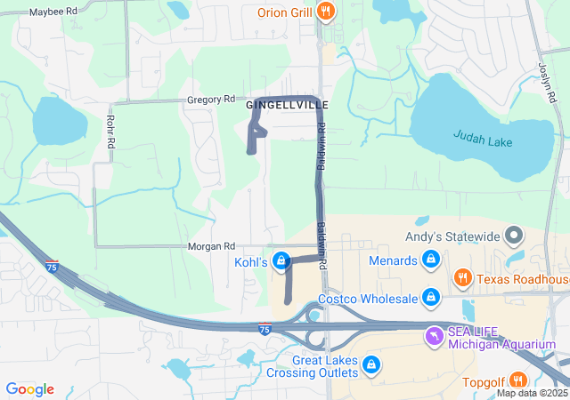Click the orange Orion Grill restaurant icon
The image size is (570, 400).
pos(327,12)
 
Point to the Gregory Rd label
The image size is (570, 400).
pos(210,100)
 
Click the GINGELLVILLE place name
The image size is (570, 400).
pos(280,105)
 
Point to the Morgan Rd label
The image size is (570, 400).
pos(211,246)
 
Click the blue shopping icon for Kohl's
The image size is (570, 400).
pos(281,260)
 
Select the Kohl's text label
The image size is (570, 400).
pos(251,262)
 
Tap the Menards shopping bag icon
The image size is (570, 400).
pos(431,260)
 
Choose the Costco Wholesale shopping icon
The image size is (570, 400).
pos(431,296)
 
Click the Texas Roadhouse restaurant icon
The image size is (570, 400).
pos(462,278)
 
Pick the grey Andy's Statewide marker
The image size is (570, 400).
pos(514,236)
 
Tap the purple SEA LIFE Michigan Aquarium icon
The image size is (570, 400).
pos(433,337)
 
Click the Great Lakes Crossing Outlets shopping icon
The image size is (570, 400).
pos(370,364)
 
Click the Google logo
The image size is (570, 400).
pos(29,389)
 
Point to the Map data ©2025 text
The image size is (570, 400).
pos(532,393)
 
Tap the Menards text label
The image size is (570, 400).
pos(394,260)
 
